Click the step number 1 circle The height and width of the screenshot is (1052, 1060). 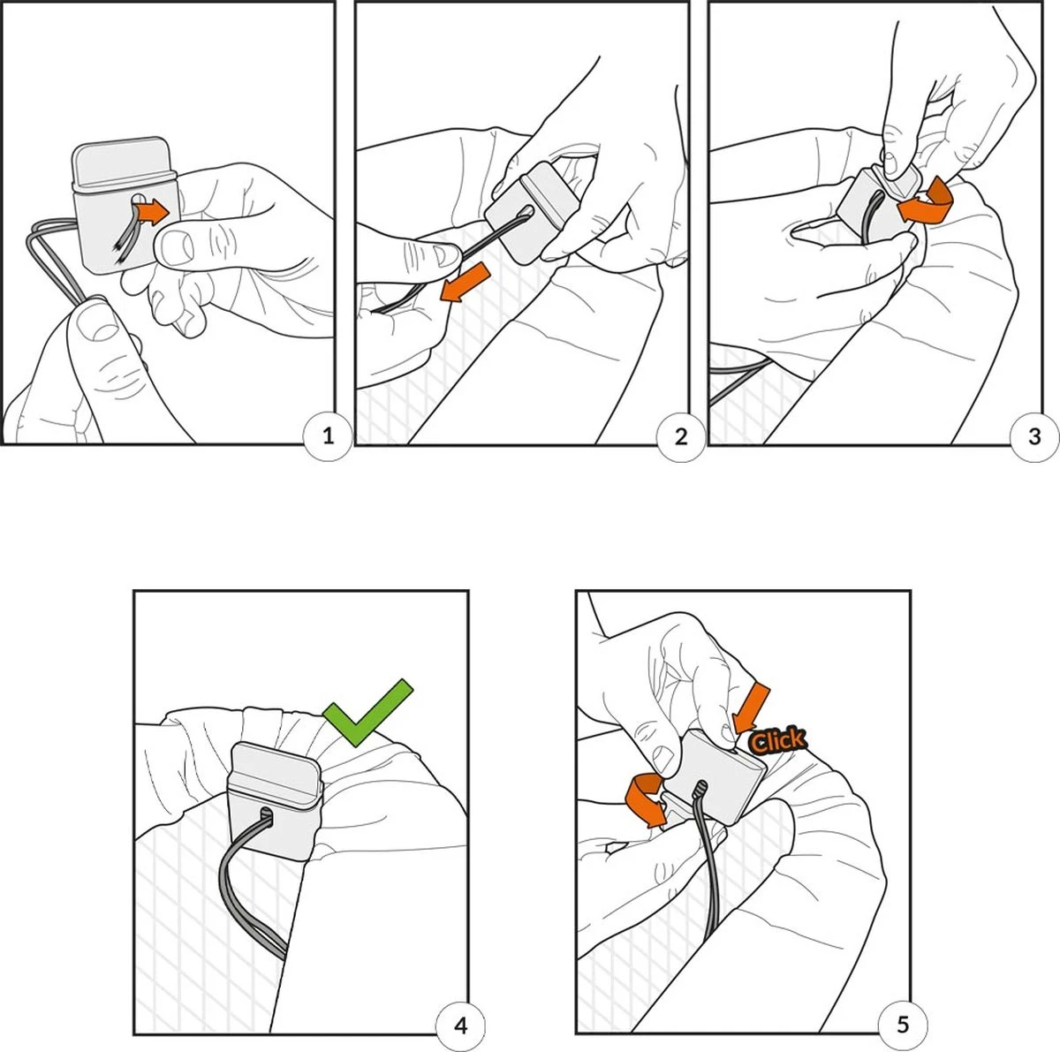click(328, 437)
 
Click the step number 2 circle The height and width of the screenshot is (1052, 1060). click(681, 437)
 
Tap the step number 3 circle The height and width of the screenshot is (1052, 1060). click(1034, 437)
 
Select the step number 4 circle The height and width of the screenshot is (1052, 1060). click(460, 1026)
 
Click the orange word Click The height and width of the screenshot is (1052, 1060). click(777, 742)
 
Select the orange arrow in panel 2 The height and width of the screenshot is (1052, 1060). click(465, 283)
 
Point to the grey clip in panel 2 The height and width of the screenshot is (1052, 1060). click(532, 211)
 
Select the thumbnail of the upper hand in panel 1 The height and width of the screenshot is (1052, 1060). click(174, 247)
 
